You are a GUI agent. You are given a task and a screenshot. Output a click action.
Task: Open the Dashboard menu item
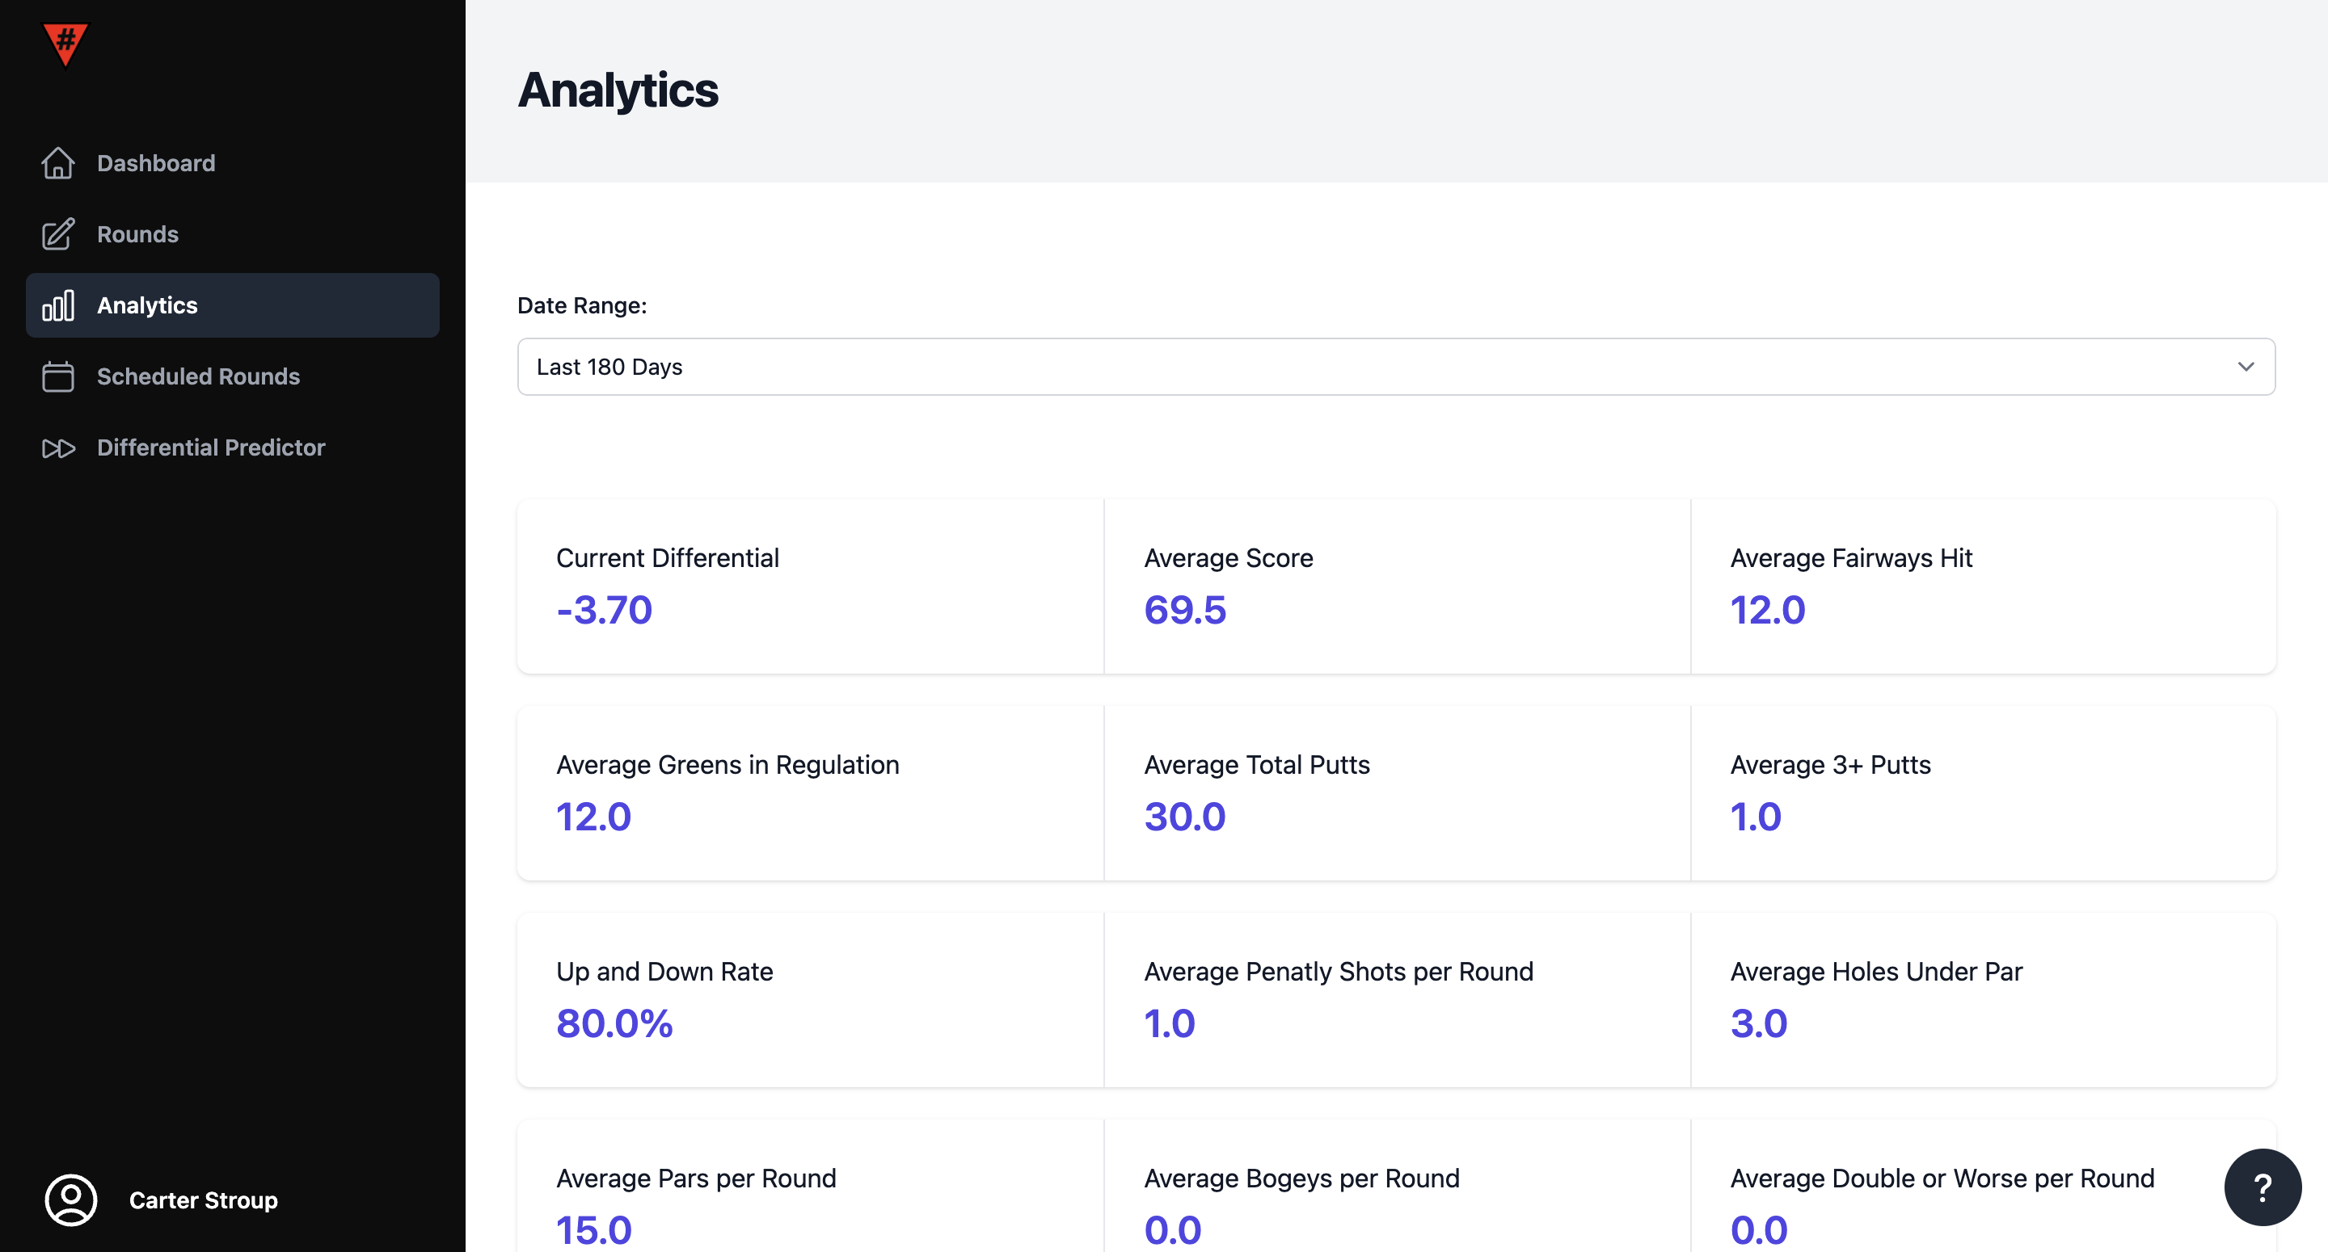[x=155, y=163]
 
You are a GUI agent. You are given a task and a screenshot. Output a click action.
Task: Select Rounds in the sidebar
[x=137, y=234]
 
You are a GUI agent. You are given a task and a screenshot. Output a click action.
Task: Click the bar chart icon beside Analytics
[x=58, y=305]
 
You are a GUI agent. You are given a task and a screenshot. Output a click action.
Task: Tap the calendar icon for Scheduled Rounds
[x=58, y=376]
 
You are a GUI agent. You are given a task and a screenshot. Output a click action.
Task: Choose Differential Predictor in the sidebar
[x=210, y=447]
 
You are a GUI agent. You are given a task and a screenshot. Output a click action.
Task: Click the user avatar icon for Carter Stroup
[x=70, y=1199]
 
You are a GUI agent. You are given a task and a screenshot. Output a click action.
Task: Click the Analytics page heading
[x=618, y=90]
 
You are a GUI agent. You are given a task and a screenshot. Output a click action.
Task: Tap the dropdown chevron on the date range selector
[x=2246, y=367]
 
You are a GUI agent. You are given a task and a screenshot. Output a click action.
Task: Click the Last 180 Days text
[x=609, y=367]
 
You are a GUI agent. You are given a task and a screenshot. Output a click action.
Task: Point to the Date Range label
[x=582, y=305]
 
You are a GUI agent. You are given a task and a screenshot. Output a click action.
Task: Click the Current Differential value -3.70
[x=604, y=610]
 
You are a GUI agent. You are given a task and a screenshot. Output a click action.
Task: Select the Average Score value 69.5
[x=1185, y=610]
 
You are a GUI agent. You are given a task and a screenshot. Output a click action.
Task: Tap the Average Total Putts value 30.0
[x=1185, y=817]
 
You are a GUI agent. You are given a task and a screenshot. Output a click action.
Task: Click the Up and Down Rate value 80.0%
[x=614, y=1023]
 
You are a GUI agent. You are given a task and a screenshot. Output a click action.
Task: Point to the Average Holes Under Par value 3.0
[x=1759, y=1023]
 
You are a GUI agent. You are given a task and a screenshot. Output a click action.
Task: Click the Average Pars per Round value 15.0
[x=594, y=1230]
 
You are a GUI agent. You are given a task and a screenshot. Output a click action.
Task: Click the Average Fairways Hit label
[x=1851, y=558]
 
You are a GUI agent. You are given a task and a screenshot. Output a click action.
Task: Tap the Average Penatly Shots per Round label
[x=1339, y=972]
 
